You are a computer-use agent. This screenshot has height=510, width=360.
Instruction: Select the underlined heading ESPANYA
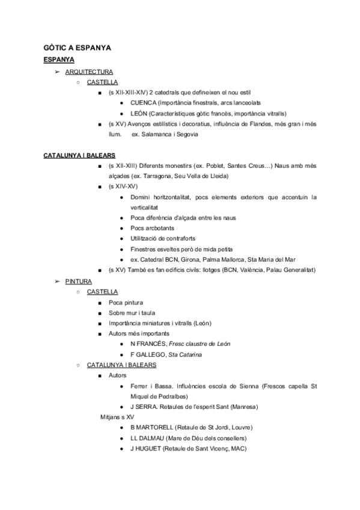[59, 60]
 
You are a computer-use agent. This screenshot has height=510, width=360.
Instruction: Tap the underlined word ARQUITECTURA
[89, 72]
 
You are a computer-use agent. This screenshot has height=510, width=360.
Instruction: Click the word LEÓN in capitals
[140, 113]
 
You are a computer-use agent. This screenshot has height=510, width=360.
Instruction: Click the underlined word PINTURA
[78, 281]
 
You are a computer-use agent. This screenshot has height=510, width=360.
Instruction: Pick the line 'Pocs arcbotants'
[153, 229]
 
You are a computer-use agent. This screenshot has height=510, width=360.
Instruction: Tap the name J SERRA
[143, 407]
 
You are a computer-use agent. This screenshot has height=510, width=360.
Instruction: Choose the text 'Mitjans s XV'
[117, 417]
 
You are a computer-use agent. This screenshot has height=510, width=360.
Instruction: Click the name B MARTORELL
[151, 427]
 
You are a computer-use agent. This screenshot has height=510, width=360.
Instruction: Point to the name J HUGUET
[143, 448]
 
